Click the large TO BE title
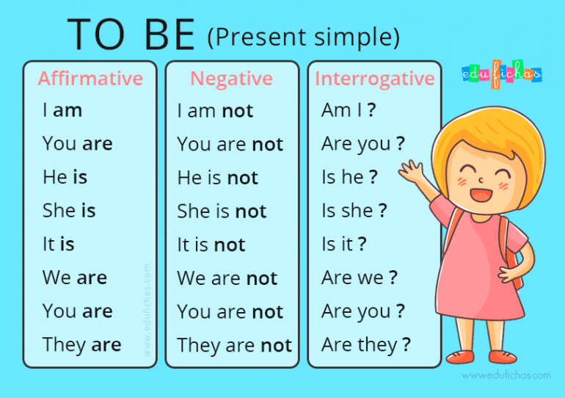pos(131,35)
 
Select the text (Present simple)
pos(303,36)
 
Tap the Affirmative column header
pos(90,78)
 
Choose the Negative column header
pos(231,78)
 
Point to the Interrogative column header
pos(374,78)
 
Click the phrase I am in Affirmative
pos(62,111)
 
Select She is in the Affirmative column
pos(69,211)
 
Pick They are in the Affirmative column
pos(81,344)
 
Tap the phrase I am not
pos(215,111)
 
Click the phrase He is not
pos(217,178)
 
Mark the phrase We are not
pos(227,278)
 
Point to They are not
pos(234,345)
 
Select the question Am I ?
pos(349,110)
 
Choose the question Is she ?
pos(354,211)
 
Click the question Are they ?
pos(365,344)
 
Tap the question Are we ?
pos(359,278)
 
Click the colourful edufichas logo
pos(501,73)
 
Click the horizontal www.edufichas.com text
pos(506,375)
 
